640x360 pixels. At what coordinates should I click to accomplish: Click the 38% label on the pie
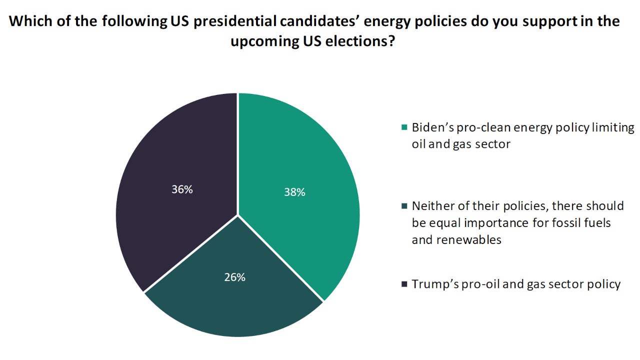click(294, 192)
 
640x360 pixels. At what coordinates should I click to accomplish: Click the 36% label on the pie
click(182, 189)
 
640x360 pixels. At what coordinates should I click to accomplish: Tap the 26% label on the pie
click(234, 277)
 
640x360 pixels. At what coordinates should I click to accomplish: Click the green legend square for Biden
click(404, 127)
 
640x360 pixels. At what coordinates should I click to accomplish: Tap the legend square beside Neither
click(404, 206)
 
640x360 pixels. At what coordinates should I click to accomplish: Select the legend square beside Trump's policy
click(404, 284)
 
